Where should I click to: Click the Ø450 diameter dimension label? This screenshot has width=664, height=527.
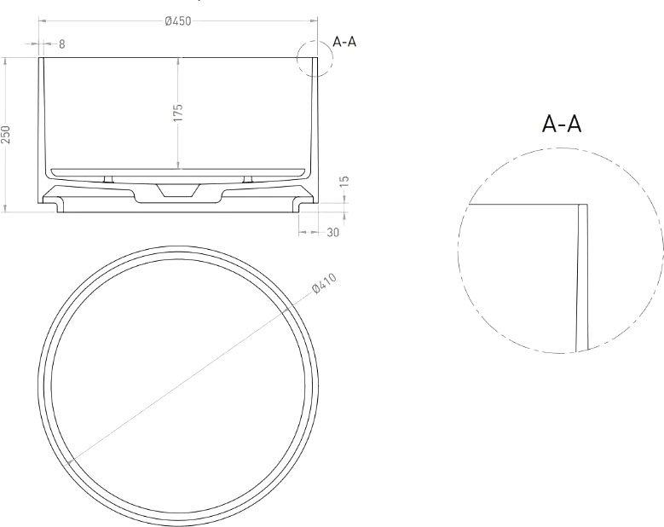point(178,20)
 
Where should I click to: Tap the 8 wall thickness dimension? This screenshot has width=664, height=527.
point(62,44)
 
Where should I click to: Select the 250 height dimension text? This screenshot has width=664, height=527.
point(6,134)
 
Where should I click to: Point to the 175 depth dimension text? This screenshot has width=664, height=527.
point(178,113)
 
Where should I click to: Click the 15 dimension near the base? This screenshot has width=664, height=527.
point(344,182)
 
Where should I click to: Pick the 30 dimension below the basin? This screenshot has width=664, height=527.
point(333,233)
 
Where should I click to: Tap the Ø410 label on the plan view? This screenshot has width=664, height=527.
point(325,283)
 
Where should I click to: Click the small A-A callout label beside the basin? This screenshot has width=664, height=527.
point(344,42)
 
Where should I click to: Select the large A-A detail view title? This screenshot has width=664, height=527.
point(562,125)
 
